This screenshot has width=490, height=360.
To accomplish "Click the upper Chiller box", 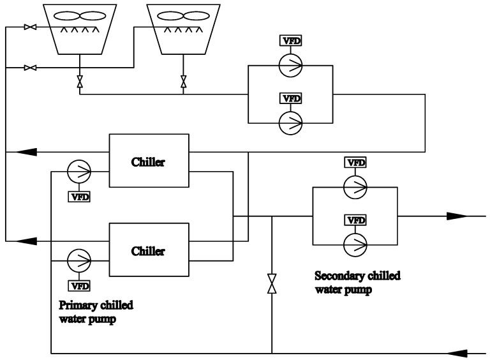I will tap(149, 161).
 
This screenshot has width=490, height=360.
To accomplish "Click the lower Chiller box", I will tap(149, 250).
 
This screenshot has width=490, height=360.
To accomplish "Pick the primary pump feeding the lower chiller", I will tap(79, 260).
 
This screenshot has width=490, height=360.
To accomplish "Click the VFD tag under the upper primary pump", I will tap(79, 196).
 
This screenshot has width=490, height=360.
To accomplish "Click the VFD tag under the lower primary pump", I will tap(79, 285).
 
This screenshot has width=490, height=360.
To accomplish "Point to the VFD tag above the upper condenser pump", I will tap(291, 41).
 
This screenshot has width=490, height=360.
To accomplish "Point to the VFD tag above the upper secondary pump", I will tap(355, 162).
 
